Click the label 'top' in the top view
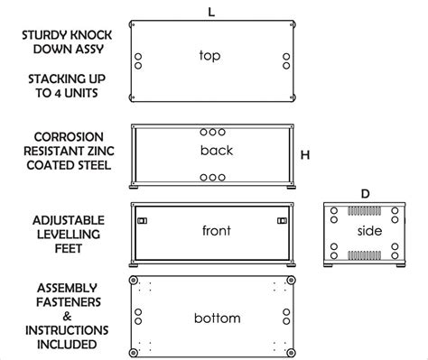click(209, 56)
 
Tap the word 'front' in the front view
click(217, 231)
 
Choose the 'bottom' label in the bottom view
click(217, 318)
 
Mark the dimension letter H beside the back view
click(305, 154)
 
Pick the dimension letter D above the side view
click(365, 194)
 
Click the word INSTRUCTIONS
click(66, 330)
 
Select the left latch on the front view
click(141, 220)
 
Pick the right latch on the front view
click(283, 220)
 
